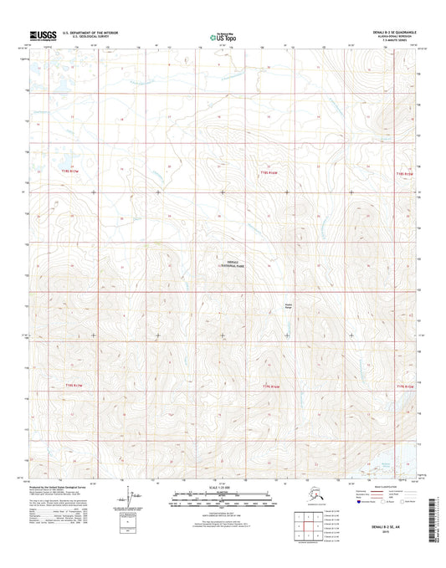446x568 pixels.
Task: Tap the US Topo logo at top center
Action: [x=222, y=36]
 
